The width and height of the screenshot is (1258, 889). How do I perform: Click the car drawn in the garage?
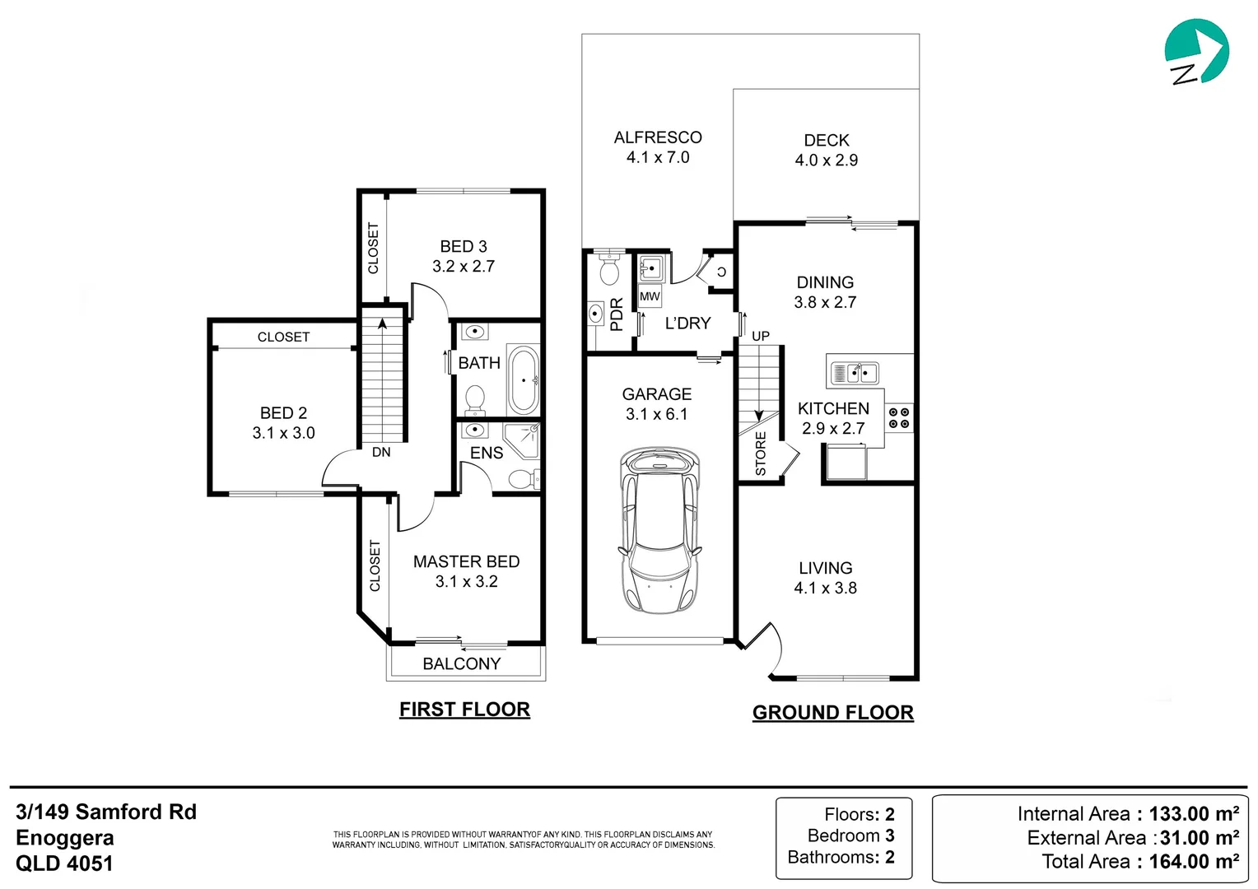659,531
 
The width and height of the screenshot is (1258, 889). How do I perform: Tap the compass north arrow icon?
1195,52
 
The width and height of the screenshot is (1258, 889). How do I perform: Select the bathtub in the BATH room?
524,380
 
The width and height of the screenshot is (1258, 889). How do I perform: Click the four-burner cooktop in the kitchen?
899,417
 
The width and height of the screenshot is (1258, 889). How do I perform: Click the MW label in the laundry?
650,296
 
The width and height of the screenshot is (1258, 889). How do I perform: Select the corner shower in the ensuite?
524,440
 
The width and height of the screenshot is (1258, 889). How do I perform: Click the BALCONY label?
461,663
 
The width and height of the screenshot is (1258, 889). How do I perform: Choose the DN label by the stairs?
381,452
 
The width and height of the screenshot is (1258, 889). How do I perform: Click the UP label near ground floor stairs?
761,336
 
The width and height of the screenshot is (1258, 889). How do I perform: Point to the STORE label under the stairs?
761,454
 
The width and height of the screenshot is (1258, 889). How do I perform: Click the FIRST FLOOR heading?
464,710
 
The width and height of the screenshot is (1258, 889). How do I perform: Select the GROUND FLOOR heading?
832,713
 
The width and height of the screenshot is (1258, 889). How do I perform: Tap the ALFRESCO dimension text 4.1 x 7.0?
658,157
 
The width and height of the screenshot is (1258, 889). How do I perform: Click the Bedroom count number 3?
890,835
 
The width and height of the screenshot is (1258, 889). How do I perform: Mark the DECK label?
827,141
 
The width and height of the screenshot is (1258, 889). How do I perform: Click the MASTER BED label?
466,561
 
